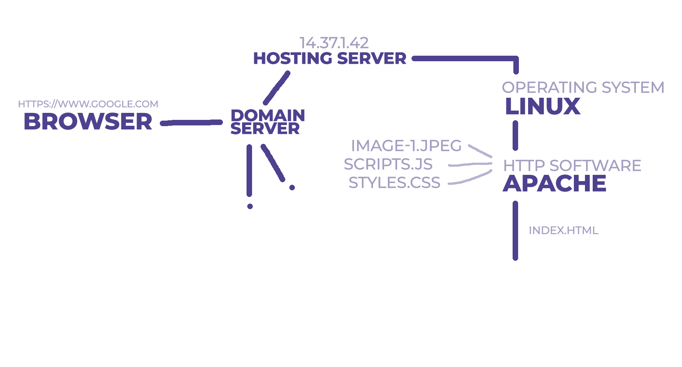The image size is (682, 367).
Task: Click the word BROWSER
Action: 88,122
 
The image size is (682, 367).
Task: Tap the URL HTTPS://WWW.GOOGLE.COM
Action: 88,104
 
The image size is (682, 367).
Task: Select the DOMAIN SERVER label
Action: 267,122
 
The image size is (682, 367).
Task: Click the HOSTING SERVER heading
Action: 330,59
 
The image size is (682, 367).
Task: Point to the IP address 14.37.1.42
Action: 334,43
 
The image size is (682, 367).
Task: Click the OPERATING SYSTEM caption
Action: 583,88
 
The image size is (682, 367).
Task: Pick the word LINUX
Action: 542,107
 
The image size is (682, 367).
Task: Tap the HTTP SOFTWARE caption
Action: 572,166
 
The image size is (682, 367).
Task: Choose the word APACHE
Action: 554,183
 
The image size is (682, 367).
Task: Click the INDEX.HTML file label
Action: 563,231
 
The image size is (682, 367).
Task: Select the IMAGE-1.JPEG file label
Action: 406,146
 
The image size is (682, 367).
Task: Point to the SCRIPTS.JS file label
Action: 388,164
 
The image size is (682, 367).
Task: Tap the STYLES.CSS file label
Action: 394,183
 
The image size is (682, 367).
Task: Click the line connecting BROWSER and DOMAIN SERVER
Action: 192,123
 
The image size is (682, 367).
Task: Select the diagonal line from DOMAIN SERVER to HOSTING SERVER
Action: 277,88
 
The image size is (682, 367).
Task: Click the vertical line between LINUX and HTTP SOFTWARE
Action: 515,135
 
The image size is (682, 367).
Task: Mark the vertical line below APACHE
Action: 515,231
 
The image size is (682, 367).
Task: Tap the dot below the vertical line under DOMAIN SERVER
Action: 250,206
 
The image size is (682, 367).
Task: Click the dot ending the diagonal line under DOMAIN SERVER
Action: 292,187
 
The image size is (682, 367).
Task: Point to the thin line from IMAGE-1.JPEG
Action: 480,151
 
